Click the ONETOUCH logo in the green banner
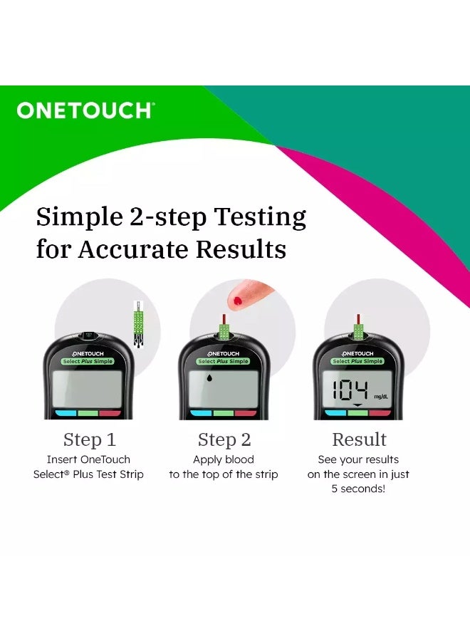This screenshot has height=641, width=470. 85,110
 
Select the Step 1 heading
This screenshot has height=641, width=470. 89,439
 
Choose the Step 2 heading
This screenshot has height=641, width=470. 224,439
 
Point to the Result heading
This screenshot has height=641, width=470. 359,439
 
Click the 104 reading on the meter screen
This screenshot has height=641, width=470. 349,390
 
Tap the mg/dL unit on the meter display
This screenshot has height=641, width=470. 381,396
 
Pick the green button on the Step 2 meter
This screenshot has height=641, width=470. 224,413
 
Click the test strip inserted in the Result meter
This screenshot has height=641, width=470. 358,329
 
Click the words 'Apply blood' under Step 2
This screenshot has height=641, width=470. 224,459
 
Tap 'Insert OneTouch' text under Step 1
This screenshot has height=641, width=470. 88,459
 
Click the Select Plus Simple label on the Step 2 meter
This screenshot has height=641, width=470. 224,362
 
